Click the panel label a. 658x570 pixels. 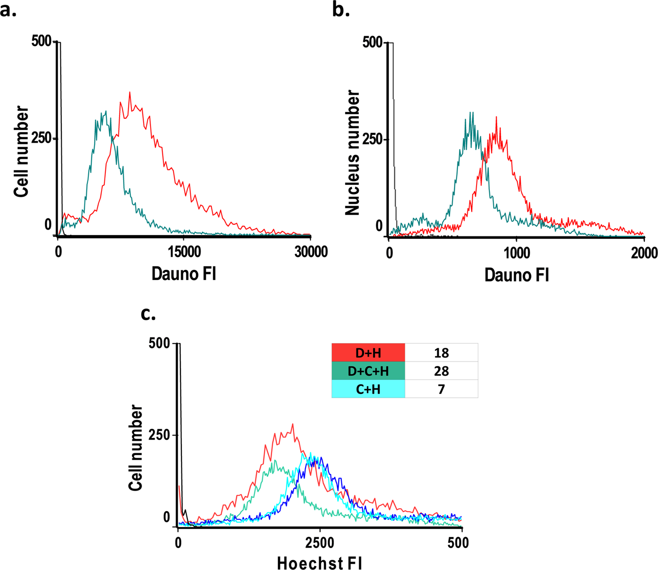click(8, 9)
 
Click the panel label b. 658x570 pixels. click(341, 9)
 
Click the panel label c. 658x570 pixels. click(148, 313)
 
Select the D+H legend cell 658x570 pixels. click(368, 353)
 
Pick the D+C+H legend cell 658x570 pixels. click(368, 371)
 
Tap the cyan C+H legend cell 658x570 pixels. click(368, 389)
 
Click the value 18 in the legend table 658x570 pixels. click(441, 353)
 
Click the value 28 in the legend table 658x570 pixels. click(441, 371)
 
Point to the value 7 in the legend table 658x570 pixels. click(441, 389)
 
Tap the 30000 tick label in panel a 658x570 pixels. click(310, 252)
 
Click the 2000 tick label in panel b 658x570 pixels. click(644, 253)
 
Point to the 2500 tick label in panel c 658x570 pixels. click(320, 543)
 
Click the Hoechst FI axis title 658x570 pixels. click(320, 563)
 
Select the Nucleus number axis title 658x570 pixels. click(353, 153)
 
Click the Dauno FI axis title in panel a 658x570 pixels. click(183, 273)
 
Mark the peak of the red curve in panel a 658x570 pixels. click(130, 92)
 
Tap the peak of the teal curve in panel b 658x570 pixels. click(471, 113)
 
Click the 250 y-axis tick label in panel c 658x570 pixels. click(159, 436)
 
